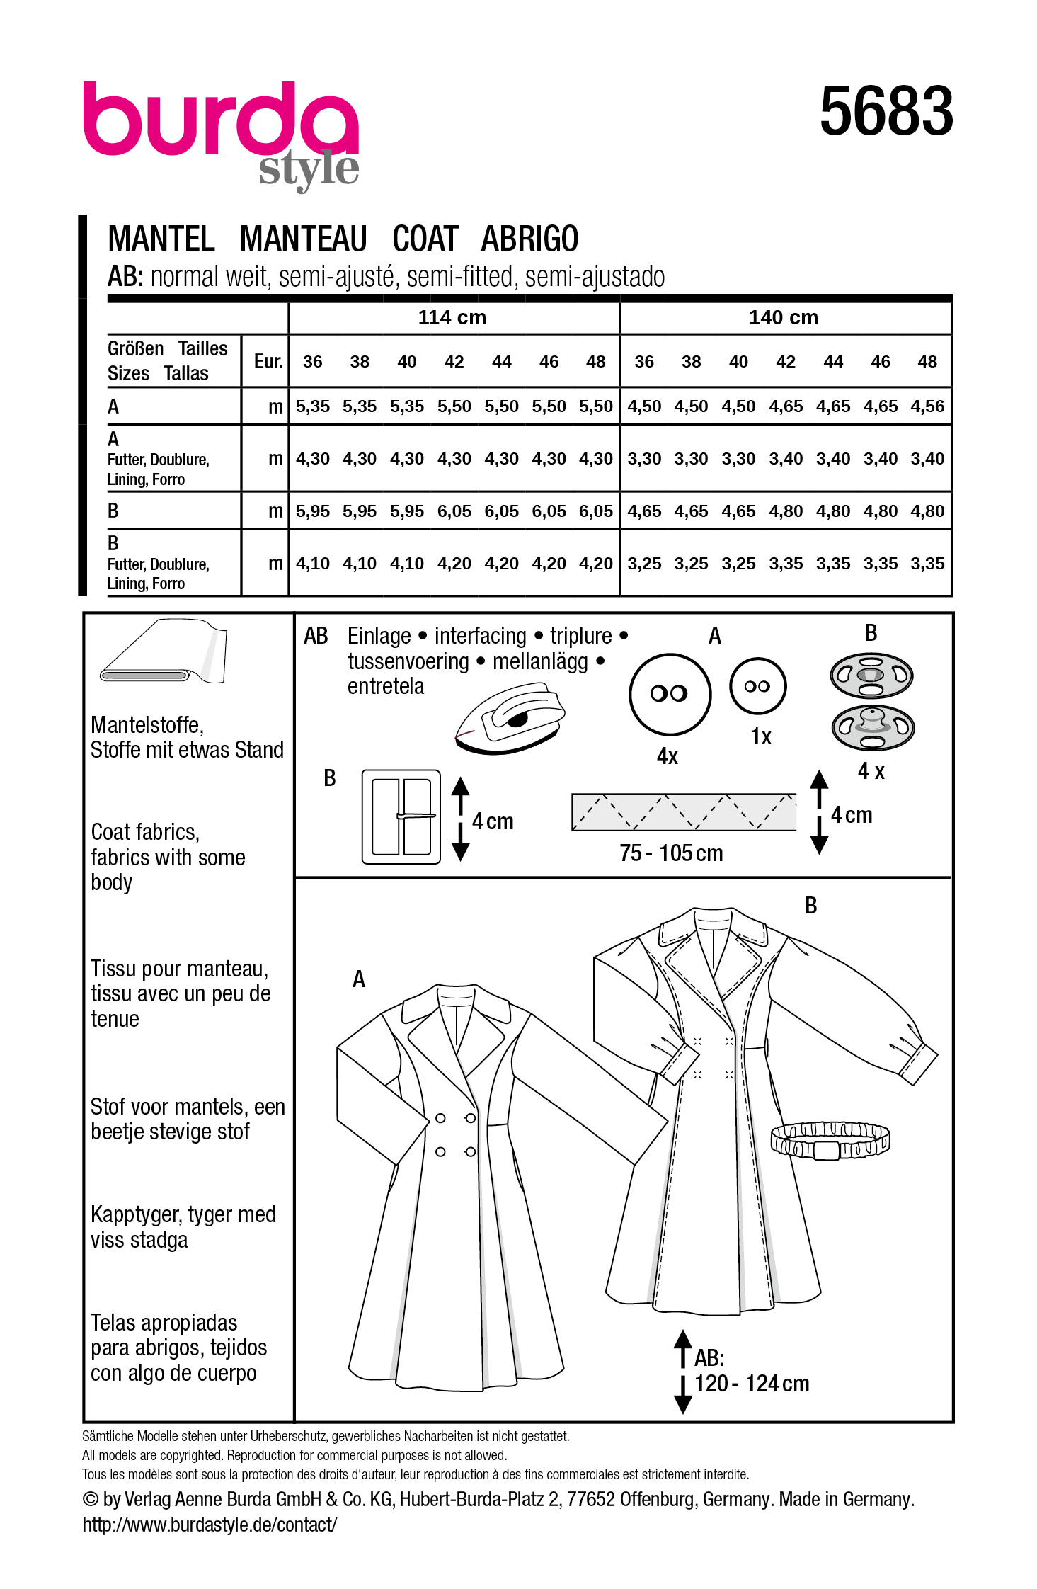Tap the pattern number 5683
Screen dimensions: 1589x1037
point(886,111)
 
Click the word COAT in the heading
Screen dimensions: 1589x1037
point(425,239)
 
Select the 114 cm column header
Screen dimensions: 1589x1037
point(452,317)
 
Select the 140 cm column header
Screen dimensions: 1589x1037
point(783,317)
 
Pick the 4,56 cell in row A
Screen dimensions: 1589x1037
point(927,406)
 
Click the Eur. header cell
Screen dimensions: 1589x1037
point(268,362)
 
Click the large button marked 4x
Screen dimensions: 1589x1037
point(669,693)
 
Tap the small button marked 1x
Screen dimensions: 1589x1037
point(757,686)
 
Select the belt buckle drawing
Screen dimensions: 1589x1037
point(401,816)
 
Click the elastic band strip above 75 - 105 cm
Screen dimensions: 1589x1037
point(683,811)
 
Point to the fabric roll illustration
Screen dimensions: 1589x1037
point(164,651)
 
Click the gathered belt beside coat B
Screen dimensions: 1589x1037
point(830,1139)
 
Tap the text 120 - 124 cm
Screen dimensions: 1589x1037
point(752,1383)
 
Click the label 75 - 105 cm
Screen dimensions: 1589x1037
point(671,853)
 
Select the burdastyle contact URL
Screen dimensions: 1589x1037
point(210,1525)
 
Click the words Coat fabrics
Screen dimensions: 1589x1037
point(145,832)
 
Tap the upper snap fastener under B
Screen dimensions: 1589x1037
point(871,675)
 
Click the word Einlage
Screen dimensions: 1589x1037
point(379,636)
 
